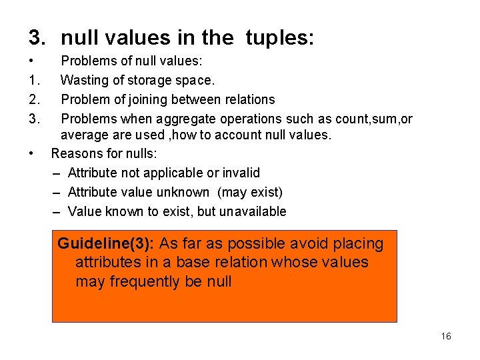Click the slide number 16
tap(446, 336)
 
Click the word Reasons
tap(75, 154)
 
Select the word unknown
tap(184, 193)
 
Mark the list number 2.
tap(35, 99)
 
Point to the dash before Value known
tap(57, 212)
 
